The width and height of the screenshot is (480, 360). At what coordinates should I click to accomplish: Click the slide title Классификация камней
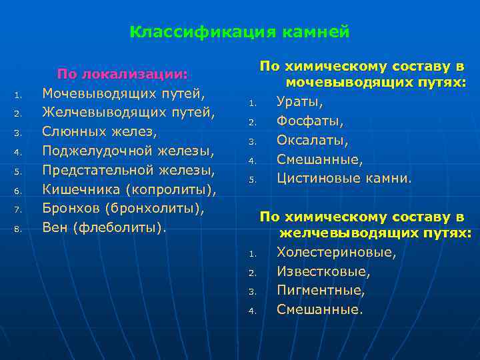(x=239, y=32)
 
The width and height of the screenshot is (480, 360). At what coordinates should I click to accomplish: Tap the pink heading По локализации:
(x=123, y=73)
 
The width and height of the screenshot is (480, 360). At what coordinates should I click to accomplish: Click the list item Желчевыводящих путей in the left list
(x=128, y=111)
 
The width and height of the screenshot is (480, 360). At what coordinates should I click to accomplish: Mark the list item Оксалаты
(x=313, y=141)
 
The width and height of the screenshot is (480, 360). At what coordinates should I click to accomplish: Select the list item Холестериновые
(x=336, y=253)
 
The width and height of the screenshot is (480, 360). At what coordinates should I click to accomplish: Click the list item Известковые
(x=323, y=272)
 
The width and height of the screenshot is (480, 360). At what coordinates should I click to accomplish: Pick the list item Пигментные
(x=321, y=291)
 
